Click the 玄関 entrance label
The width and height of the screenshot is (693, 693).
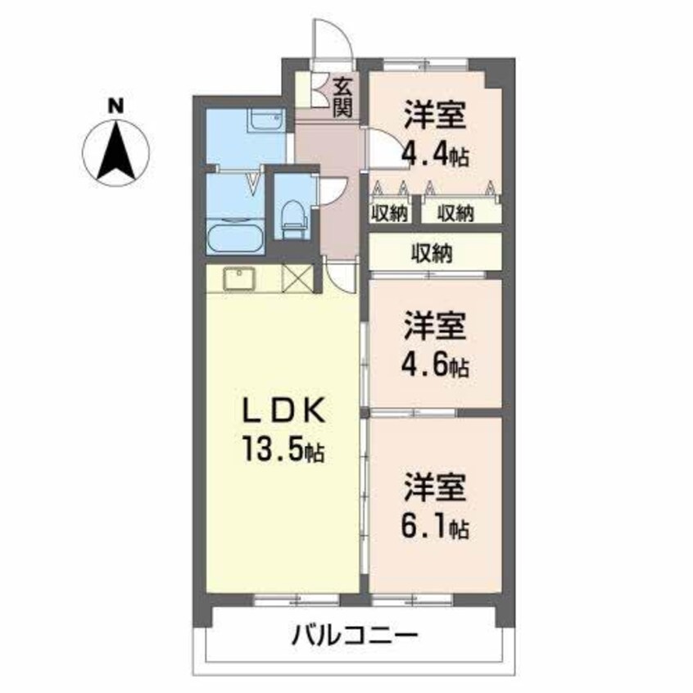[342, 97]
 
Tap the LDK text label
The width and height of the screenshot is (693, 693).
[284, 412]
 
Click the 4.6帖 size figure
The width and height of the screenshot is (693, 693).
[435, 365]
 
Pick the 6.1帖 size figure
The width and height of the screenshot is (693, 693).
[435, 527]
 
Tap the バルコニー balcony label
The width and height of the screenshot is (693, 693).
[355, 636]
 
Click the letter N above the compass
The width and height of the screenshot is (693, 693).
[115, 106]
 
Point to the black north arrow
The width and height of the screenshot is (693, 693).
[115, 150]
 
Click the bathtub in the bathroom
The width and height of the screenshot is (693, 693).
[236, 238]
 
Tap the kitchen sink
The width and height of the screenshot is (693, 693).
[239, 279]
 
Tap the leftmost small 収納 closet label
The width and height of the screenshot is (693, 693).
[389, 214]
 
